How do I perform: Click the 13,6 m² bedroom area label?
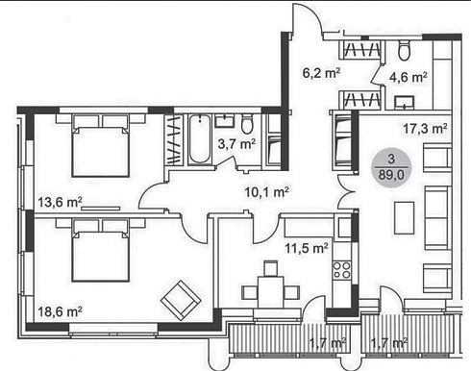click(x=60, y=202)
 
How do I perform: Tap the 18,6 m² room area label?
click(x=60, y=311)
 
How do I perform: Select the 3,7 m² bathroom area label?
click(x=236, y=144)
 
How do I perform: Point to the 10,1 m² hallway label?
click(x=267, y=192)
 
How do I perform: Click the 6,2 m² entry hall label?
click(x=321, y=73)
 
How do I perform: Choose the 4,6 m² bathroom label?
click(x=409, y=77)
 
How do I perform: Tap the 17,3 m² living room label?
click(x=425, y=129)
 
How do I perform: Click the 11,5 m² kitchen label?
click(x=307, y=248)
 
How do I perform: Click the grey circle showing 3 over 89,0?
click(x=391, y=168)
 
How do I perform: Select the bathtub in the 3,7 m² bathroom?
click(x=199, y=139)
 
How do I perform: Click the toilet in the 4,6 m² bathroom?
click(x=404, y=50)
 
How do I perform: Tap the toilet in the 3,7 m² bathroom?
click(x=247, y=124)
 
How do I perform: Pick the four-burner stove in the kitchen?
click(x=342, y=270)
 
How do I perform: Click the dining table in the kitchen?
click(x=271, y=292)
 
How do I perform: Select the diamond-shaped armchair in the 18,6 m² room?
click(x=181, y=300)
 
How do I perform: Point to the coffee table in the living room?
click(x=405, y=217)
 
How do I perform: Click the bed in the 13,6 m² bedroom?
click(x=101, y=146)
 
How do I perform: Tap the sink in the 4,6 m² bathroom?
click(x=405, y=103)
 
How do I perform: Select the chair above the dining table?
click(x=270, y=268)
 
